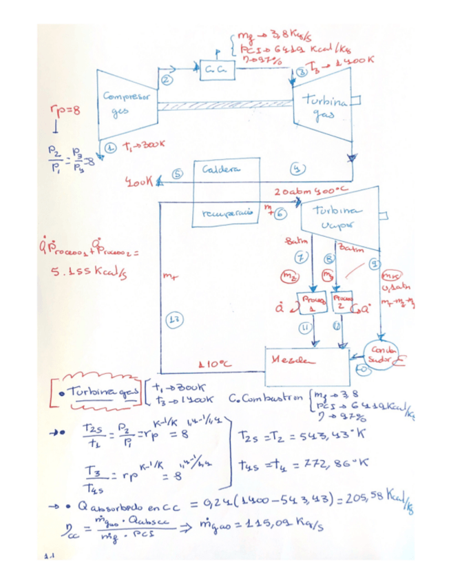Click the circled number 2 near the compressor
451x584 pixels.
tap(166, 81)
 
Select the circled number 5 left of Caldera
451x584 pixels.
tap(177, 174)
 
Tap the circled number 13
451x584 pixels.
tap(177, 318)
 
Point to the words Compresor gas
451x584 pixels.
tap(125, 103)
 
